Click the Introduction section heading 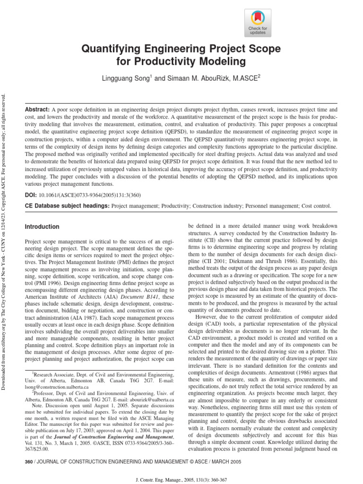(x=42, y=227)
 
